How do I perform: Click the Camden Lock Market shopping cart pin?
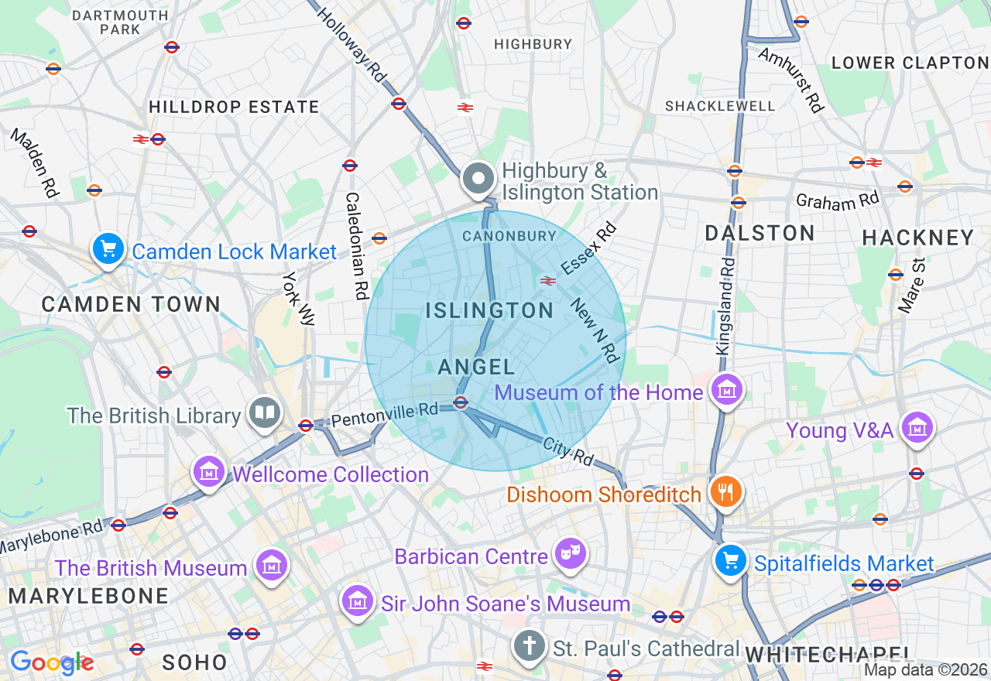point(108,249)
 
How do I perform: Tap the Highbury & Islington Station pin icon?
point(478,179)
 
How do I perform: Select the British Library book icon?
point(264,413)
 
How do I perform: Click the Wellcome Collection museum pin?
point(210,471)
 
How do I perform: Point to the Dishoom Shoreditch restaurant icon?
point(725,491)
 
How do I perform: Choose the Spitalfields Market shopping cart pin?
point(730,560)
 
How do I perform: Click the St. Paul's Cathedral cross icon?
point(530,645)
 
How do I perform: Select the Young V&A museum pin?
point(917,426)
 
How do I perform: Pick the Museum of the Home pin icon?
point(727,390)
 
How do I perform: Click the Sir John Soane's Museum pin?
point(357,601)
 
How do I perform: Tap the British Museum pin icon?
point(272,566)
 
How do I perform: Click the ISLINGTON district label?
point(489,311)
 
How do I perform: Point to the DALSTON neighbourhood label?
point(760,233)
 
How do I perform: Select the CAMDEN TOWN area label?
point(131,304)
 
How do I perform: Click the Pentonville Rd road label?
point(385,416)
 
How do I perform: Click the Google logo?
point(51,662)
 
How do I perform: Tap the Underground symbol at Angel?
point(461,402)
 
